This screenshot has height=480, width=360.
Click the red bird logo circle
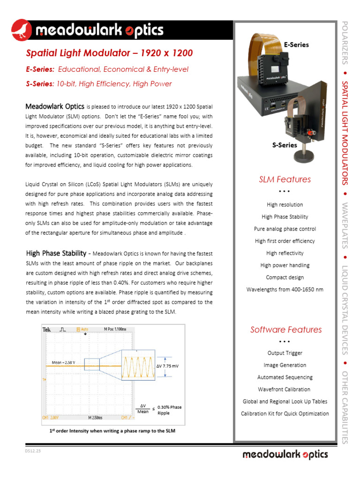[22, 30]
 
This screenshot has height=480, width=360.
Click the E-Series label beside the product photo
[296, 45]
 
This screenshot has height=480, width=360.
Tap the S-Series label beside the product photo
[285, 145]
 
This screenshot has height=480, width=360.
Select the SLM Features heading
[285, 180]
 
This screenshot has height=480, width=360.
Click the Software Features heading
[286, 330]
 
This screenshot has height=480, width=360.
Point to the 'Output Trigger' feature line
[285, 353]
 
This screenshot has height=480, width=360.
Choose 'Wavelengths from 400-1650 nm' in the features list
[285, 290]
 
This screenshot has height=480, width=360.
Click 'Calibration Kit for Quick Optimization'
[285, 413]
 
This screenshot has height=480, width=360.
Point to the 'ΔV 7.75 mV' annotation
[167, 365]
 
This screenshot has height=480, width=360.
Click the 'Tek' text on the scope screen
[47, 330]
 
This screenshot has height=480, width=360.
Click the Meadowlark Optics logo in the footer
[285, 454]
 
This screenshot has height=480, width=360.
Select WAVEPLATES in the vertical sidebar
[345, 225]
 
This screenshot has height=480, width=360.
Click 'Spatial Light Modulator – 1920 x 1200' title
[109, 53]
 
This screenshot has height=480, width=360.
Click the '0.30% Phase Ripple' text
[170, 410]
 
